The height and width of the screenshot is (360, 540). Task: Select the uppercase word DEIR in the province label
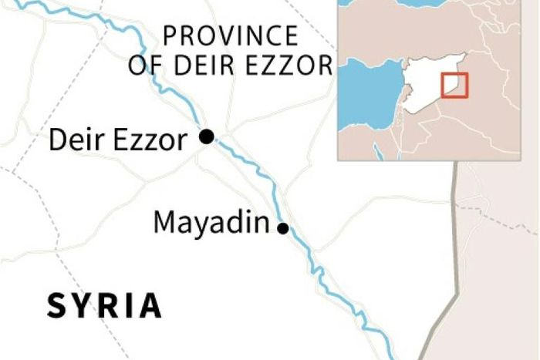point(202,66)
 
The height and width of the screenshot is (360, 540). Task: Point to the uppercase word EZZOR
point(288,66)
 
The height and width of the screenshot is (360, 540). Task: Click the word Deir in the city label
point(72,140)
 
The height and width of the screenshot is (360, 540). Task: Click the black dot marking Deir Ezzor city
point(206,137)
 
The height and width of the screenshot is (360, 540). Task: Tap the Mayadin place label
point(211,224)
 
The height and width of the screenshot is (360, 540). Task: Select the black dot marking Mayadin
point(283,228)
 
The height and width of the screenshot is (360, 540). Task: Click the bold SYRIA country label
point(104,305)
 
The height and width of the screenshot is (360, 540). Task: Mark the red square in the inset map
point(454,85)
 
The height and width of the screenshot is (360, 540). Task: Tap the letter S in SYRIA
point(56,305)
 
